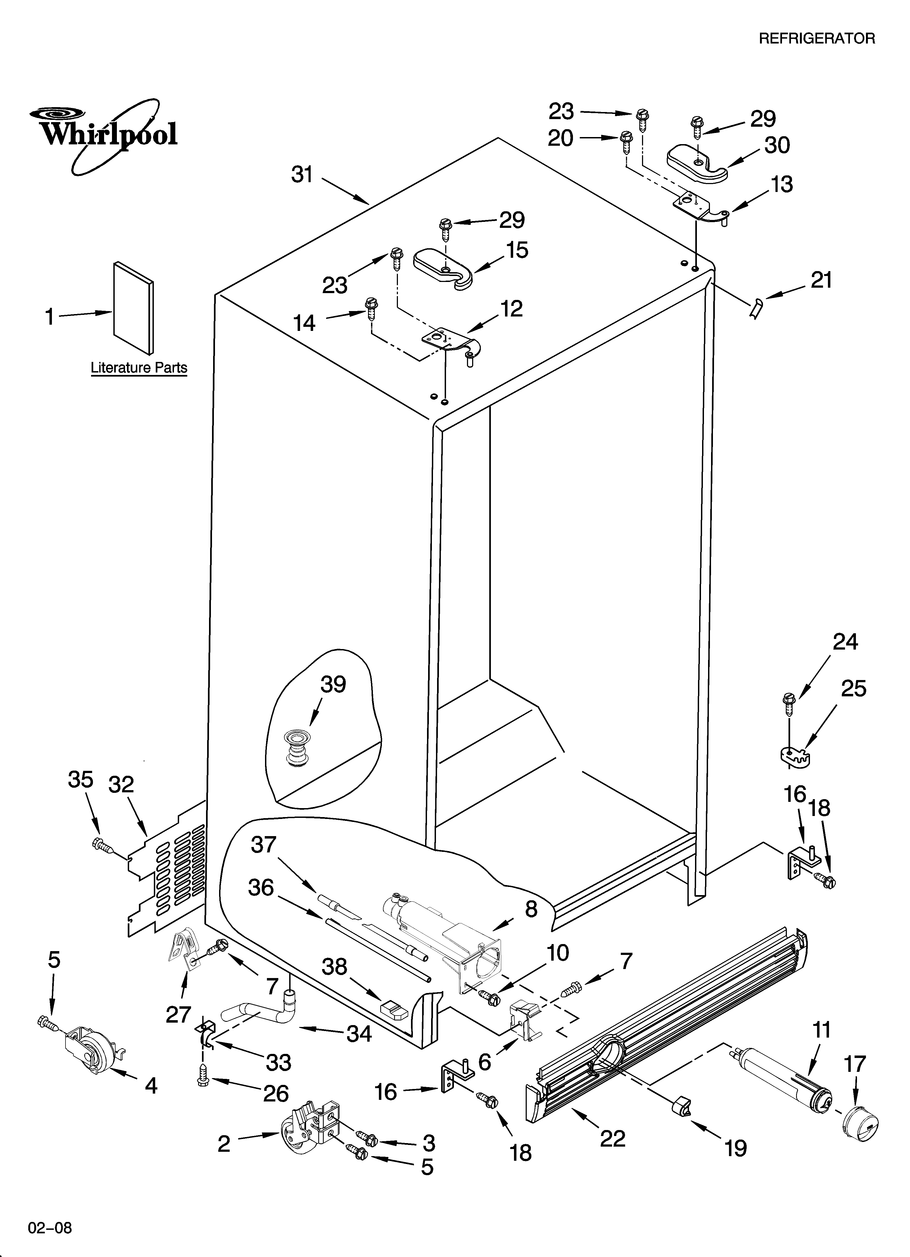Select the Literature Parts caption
click(x=139, y=367)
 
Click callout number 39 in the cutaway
click(x=333, y=684)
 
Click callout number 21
click(x=821, y=280)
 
